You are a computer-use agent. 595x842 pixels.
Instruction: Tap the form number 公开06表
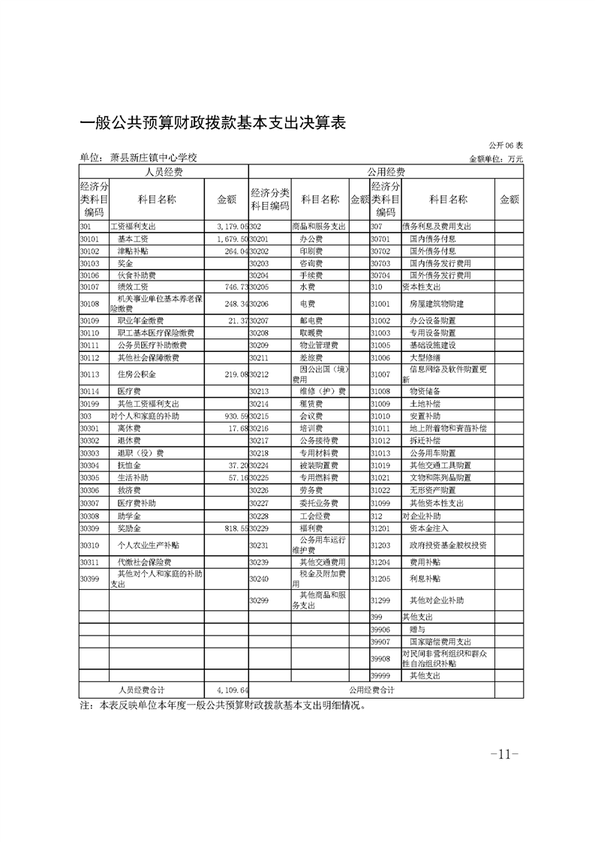click(x=506, y=145)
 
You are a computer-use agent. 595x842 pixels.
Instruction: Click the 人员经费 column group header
click(x=164, y=171)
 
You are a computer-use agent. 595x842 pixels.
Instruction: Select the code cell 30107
click(x=90, y=287)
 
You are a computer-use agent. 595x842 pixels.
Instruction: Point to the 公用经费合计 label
click(x=371, y=689)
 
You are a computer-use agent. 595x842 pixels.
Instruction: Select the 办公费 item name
click(x=311, y=239)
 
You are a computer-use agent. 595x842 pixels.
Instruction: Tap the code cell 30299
click(x=259, y=601)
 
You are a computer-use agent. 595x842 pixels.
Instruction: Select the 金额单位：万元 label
click(x=496, y=159)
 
